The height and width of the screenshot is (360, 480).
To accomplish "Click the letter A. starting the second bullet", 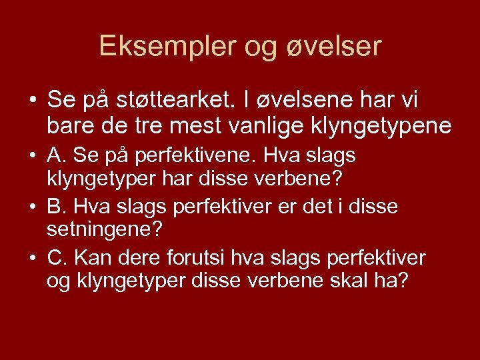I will [56, 155].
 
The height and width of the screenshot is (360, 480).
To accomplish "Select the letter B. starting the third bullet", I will [56, 207].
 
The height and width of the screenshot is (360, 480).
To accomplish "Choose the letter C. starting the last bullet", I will [57, 257].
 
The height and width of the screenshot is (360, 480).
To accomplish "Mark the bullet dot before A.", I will [33, 157].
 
